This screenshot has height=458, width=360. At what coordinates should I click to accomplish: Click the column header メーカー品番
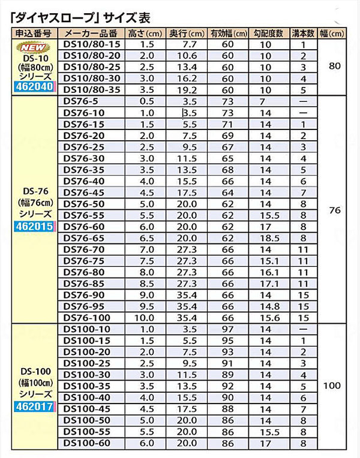click(91, 33)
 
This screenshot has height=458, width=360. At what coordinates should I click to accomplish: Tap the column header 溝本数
click(303, 33)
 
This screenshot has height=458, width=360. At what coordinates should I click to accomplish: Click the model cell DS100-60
click(87, 443)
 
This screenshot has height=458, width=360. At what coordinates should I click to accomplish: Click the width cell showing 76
click(335, 210)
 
